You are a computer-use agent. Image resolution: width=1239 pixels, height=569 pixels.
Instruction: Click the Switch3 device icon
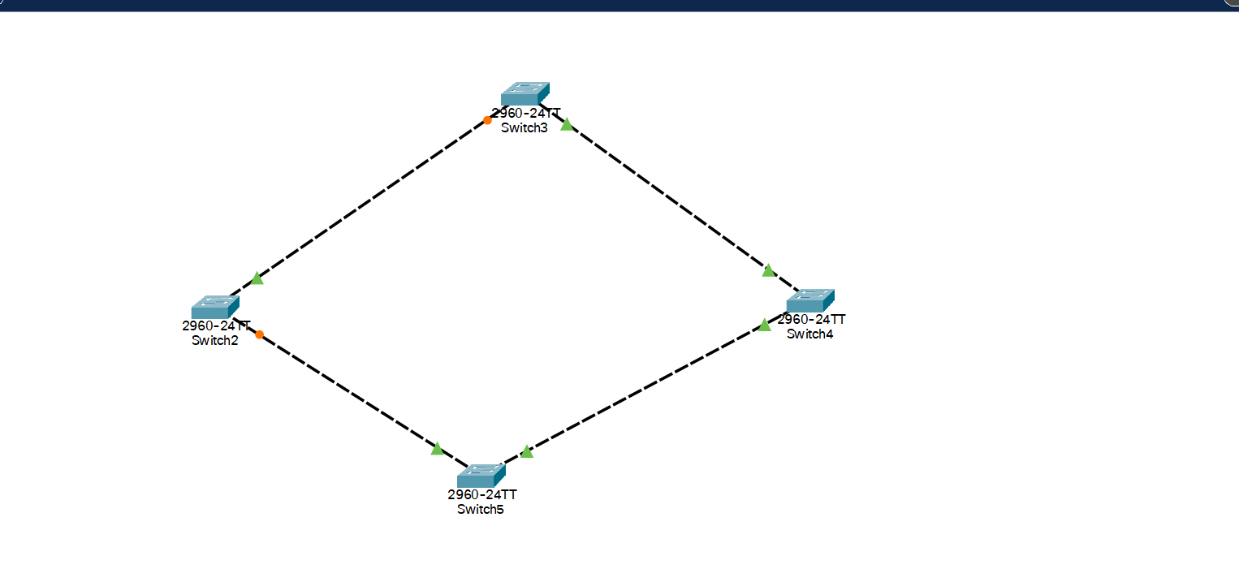coord(525,94)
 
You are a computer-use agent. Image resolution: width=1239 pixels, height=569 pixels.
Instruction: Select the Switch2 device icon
coord(215,307)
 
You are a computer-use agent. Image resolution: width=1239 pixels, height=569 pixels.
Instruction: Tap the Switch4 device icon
coord(810,300)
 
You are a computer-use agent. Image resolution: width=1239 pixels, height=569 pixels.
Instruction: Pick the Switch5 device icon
coord(481,476)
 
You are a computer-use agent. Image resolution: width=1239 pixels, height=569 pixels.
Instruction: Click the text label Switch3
coord(525,127)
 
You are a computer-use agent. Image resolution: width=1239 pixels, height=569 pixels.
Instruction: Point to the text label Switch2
coord(215,340)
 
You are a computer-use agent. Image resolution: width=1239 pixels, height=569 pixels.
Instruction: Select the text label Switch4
coord(809,334)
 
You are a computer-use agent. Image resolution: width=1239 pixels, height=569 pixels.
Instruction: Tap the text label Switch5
coord(481,509)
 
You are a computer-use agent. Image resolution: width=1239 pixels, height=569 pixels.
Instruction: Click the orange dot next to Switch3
coord(487,120)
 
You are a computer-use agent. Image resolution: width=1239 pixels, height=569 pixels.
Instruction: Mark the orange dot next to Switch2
coord(259,334)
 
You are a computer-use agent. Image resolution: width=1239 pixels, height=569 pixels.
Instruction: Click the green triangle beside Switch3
coord(567,125)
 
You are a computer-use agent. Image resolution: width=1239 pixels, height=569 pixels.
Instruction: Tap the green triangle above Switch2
coord(257,278)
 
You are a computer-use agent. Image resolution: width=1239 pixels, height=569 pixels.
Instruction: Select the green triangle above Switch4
coord(768,270)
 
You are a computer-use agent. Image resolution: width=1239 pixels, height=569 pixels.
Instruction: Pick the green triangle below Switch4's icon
coord(764,325)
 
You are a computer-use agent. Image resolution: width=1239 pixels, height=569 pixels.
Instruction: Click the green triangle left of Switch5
coord(437,448)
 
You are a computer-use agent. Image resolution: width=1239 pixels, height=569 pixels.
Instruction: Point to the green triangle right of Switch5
coord(527,451)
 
